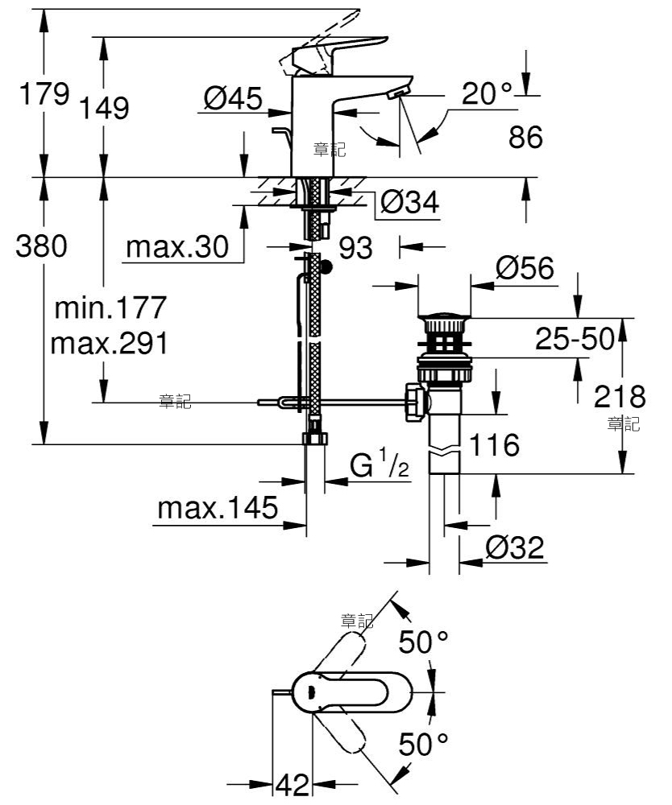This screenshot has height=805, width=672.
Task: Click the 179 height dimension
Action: click(44, 93)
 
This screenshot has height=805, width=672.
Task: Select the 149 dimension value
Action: click(104, 108)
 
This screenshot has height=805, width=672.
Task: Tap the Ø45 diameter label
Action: click(233, 97)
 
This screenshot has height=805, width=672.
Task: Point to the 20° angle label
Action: click(487, 93)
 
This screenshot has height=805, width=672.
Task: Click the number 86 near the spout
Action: click(525, 137)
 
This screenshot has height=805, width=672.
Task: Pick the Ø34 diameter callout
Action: click(410, 202)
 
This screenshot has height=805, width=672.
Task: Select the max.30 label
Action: click(177, 247)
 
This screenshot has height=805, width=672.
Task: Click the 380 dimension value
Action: click(41, 246)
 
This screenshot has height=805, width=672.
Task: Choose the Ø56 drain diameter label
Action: click(525, 267)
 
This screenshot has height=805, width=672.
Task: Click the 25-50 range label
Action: click(575, 338)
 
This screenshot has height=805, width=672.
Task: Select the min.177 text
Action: click(110, 307)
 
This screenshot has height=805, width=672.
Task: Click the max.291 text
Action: click(110, 343)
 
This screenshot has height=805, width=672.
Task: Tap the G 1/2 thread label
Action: click(380, 464)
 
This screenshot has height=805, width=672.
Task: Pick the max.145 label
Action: click(218, 508)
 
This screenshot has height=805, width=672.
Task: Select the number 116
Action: click(494, 444)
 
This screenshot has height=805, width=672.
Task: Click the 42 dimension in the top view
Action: click(293, 784)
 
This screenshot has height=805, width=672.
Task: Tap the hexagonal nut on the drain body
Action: click(416, 402)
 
